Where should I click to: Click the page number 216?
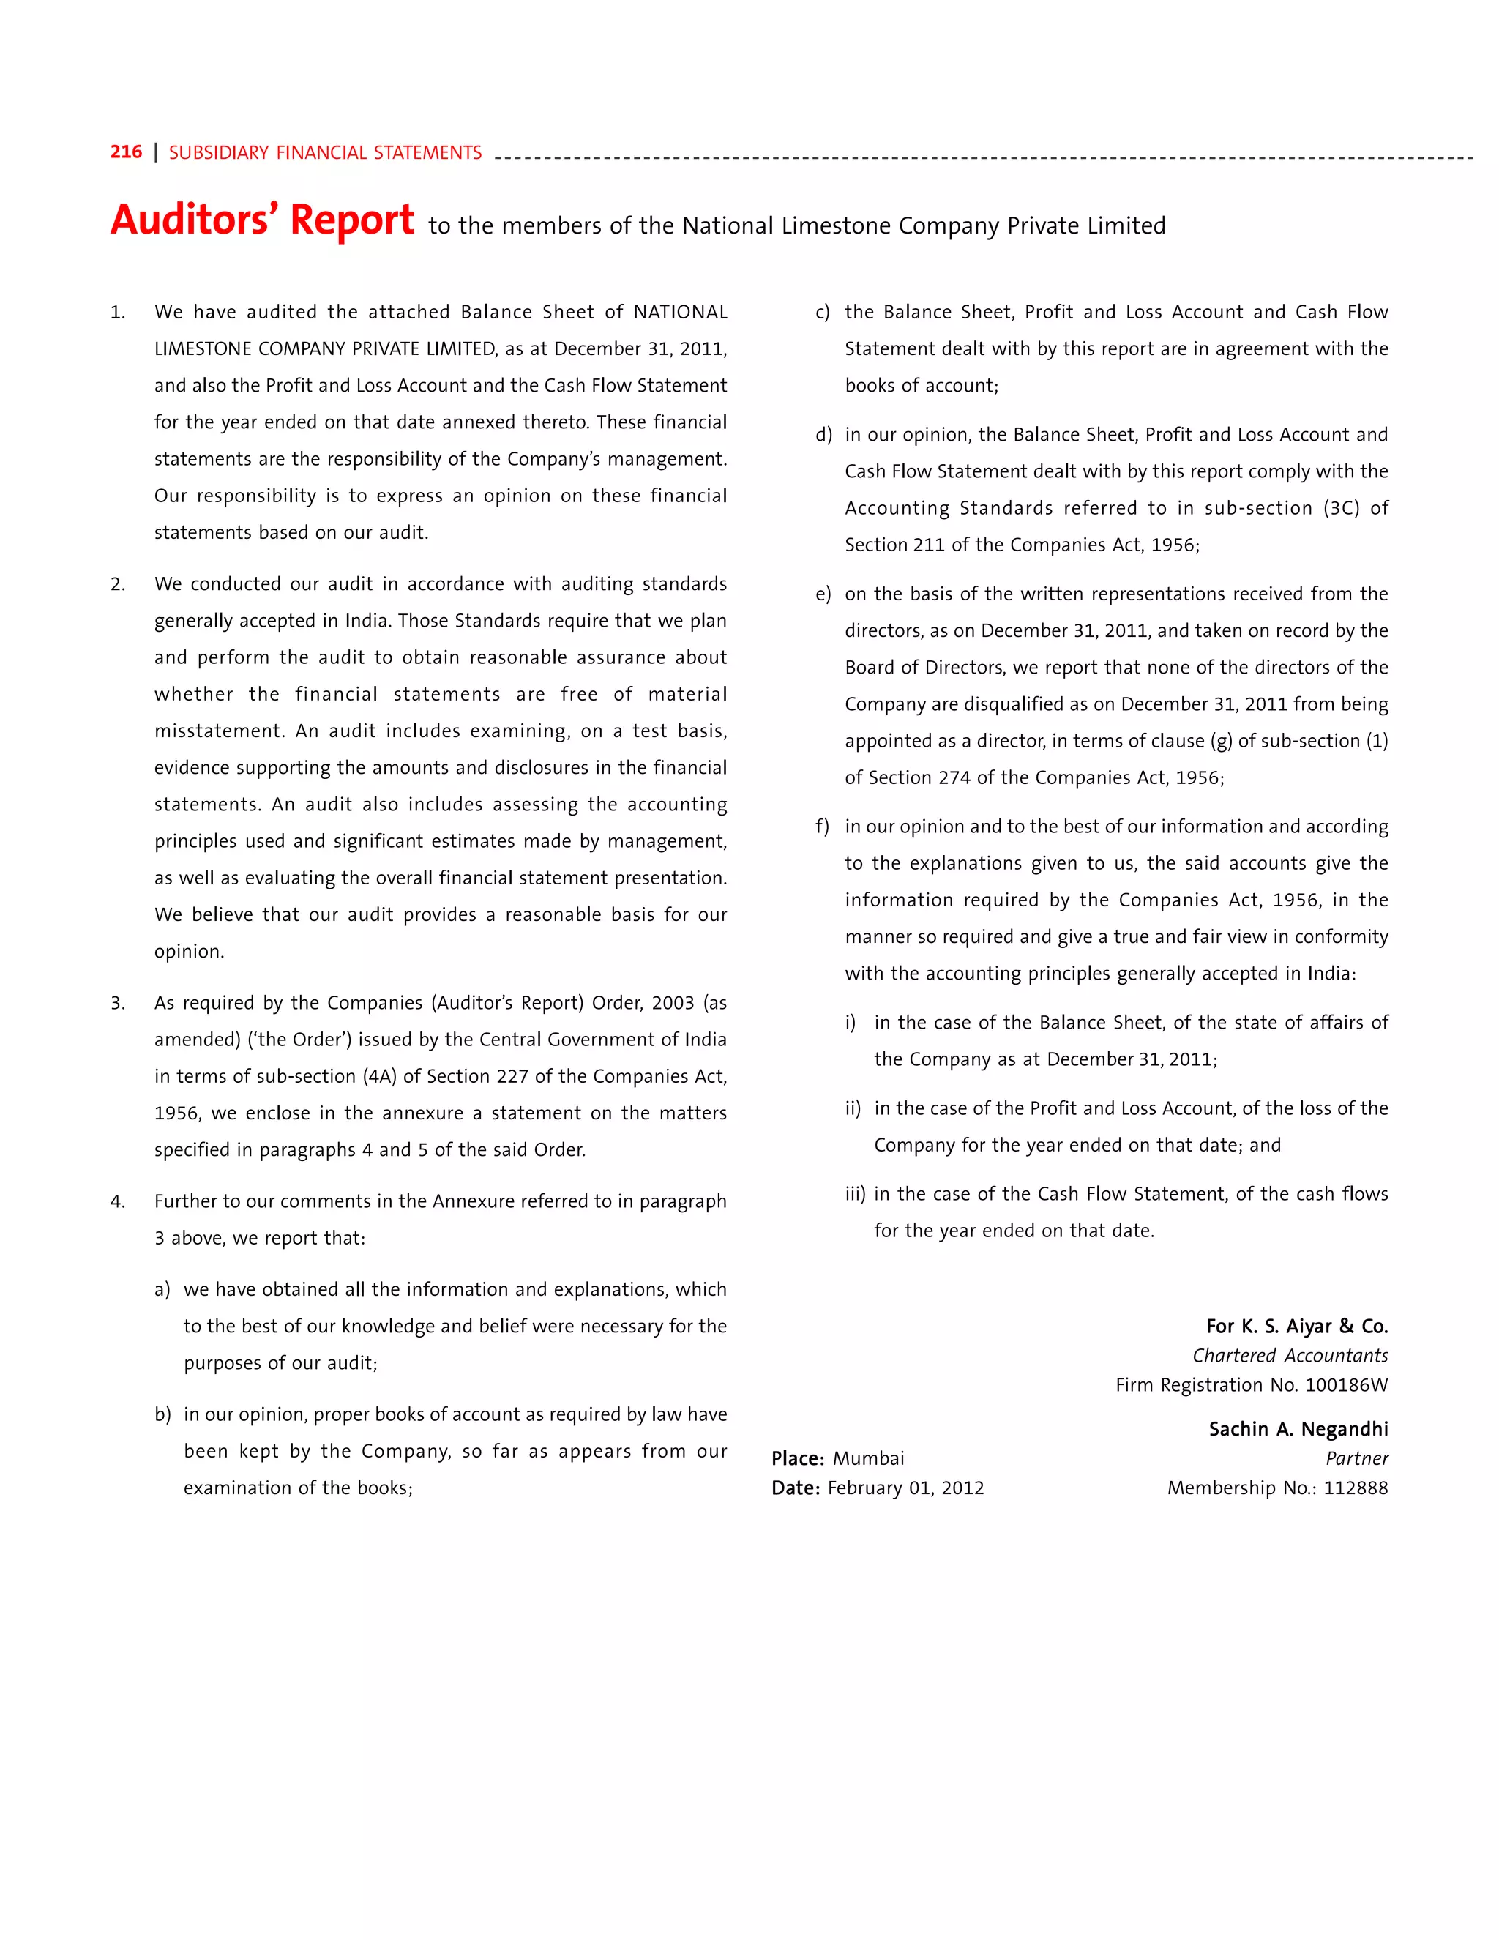click(126, 152)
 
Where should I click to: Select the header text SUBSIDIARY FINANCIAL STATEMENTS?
click(325, 153)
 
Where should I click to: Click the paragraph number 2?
click(117, 584)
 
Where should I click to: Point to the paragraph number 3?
click(117, 1003)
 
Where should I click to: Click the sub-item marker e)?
click(822, 594)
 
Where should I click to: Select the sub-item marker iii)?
click(854, 1194)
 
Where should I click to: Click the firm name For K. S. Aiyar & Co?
click(1296, 1327)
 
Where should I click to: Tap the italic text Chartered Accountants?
click(1290, 1356)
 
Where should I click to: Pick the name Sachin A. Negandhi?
click(1298, 1429)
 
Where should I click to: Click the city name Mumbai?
click(869, 1458)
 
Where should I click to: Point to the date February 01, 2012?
click(906, 1488)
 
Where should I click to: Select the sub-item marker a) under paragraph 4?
click(162, 1290)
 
